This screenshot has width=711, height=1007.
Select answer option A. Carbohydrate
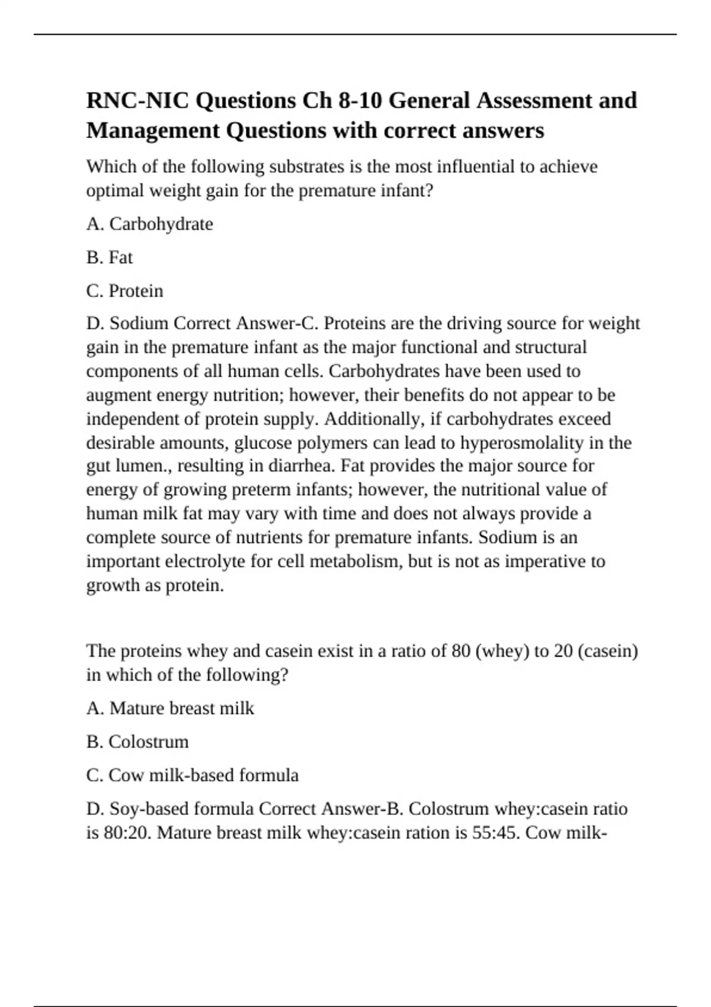click(x=149, y=224)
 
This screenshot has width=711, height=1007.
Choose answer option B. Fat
click(x=110, y=258)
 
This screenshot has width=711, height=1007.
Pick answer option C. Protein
click(x=124, y=291)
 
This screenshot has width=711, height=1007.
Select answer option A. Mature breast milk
click(x=170, y=708)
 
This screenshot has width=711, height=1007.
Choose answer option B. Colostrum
click(x=137, y=742)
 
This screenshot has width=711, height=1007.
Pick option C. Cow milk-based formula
click(x=193, y=775)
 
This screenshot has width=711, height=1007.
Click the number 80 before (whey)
click(x=460, y=651)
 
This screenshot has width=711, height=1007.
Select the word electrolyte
click(x=205, y=561)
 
